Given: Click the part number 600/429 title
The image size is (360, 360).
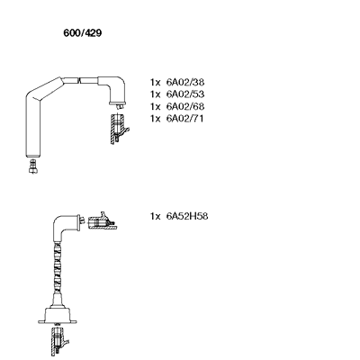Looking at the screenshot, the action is [83, 33].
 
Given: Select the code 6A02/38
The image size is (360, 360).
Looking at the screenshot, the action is [185, 82].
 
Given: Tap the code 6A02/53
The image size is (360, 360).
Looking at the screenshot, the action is [185, 94].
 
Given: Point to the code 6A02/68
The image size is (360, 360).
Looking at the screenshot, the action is [185, 106].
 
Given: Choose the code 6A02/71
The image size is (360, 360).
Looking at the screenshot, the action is [184, 119].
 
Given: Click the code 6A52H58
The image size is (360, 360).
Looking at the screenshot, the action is [187, 216].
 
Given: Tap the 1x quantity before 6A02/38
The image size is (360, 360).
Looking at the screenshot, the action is [156, 82].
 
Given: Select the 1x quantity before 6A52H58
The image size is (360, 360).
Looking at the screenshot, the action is [156, 216].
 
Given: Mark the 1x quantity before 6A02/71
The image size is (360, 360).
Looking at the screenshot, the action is [156, 119].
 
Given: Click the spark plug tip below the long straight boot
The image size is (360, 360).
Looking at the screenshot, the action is [32, 166].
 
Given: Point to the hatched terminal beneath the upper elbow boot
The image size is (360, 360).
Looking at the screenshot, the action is [118, 129].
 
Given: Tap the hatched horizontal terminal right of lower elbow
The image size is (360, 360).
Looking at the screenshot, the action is [102, 221].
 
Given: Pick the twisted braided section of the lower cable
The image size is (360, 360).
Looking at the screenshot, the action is [58, 267].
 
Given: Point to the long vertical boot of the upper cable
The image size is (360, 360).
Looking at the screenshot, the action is [32, 126].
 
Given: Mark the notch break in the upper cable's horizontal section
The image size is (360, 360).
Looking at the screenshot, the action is [79, 80].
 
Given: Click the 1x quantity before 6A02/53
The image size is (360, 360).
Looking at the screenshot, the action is [156, 94].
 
